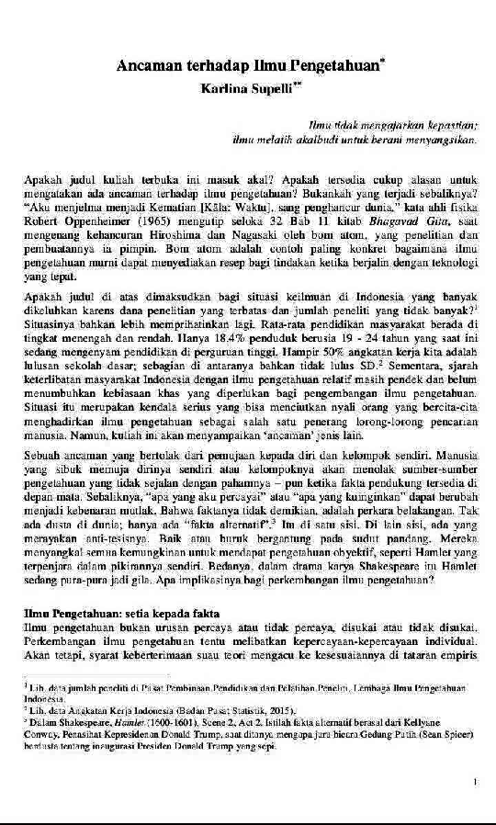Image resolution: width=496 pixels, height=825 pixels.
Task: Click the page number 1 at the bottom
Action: point(474,782)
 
